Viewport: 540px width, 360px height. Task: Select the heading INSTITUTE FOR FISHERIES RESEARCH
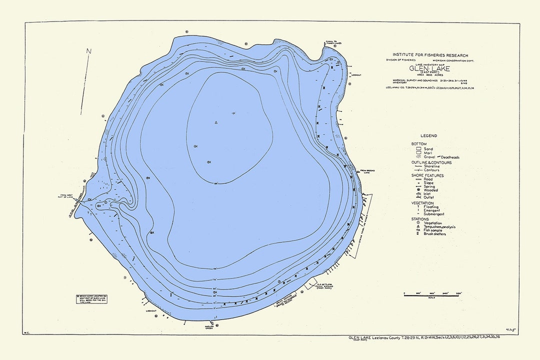pyautogui.click(x=430, y=55)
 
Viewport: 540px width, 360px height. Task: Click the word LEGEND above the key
pyautogui.click(x=428, y=135)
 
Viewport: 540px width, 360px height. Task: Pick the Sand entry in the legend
pyautogui.click(x=428, y=149)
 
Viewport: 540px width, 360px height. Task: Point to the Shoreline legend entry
pyautogui.click(x=432, y=166)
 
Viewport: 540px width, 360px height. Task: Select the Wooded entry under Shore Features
pyautogui.click(x=430, y=190)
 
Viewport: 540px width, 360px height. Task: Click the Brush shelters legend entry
pyautogui.click(x=434, y=233)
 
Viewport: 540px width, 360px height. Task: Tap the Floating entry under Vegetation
pyautogui.click(x=431, y=207)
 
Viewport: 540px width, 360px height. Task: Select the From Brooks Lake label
pyautogui.click(x=367, y=171)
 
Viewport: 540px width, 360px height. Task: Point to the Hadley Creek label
pyautogui.click(x=195, y=328)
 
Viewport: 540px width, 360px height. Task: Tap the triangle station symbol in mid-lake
pyautogui.click(x=216, y=122)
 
